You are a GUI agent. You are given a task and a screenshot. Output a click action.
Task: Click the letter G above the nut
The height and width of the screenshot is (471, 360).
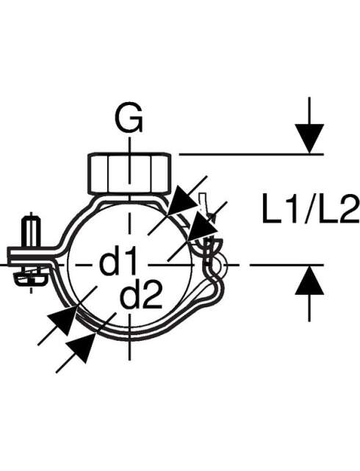tap(129, 118)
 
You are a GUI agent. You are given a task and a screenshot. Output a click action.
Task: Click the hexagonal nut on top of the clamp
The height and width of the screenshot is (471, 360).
tap(130, 174)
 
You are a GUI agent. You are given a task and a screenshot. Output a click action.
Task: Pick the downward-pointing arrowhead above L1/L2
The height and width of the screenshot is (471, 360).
tap(309, 138)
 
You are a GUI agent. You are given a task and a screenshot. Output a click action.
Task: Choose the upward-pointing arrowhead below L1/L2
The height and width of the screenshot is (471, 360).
tap(309, 280)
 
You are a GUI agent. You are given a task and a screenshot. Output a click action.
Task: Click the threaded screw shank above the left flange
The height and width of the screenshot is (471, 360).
tap(32, 231)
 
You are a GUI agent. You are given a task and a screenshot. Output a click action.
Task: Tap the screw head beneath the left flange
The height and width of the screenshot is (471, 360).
tap(30, 278)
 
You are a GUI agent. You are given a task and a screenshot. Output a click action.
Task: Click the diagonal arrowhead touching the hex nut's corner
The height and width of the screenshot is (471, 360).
tap(184, 200)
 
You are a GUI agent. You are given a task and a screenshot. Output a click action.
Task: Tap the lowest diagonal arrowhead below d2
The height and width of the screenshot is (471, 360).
tap(81, 348)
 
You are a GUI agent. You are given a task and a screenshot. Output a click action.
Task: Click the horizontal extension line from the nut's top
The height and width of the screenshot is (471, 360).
tap(251, 154)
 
